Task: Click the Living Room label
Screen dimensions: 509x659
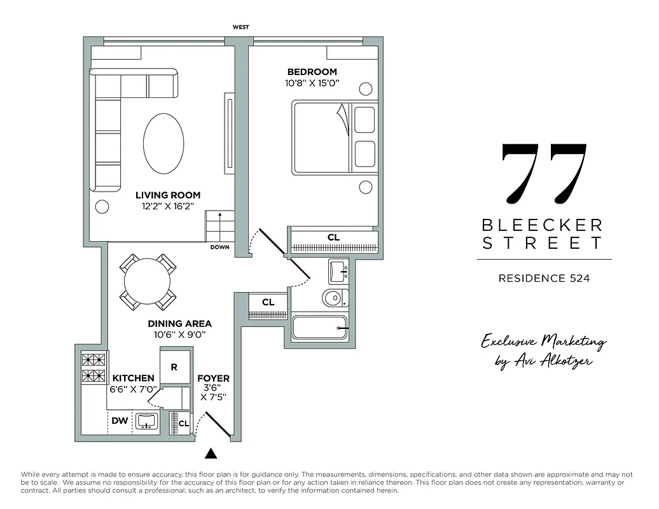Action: [168, 195]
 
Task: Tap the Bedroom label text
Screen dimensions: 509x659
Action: [312, 72]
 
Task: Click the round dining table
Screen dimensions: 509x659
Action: [148, 282]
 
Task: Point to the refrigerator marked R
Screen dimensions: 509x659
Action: [174, 367]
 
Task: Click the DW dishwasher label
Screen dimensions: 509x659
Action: [119, 421]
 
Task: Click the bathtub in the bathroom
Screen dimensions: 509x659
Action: [319, 328]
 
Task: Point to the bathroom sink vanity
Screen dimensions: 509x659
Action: [338, 272]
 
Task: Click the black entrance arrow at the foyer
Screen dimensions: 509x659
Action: [212, 454]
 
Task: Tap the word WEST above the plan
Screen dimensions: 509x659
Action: [240, 27]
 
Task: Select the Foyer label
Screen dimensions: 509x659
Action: [214, 378]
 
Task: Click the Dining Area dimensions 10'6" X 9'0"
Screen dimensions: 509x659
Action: [179, 335]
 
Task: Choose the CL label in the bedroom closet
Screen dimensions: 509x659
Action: [334, 237]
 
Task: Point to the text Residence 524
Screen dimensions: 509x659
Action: [544, 278]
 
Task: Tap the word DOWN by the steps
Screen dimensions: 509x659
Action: [219, 248]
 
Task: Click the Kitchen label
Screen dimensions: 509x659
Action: [134, 378]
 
